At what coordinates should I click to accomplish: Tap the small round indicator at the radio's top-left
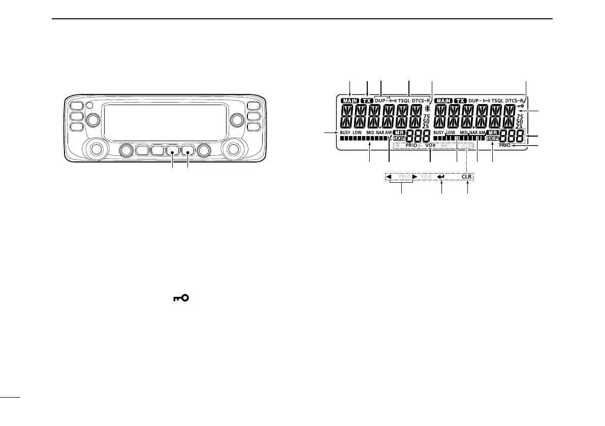click(89, 106)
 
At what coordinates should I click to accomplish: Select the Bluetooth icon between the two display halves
click(427, 108)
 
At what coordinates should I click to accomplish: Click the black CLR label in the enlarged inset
click(467, 177)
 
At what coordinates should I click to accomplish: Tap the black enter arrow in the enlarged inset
click(441, 177)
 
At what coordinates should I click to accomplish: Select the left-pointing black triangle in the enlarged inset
click(388, 177)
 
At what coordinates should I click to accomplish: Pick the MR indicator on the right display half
click(493, 132)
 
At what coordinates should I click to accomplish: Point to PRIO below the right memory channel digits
click(504, 145)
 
